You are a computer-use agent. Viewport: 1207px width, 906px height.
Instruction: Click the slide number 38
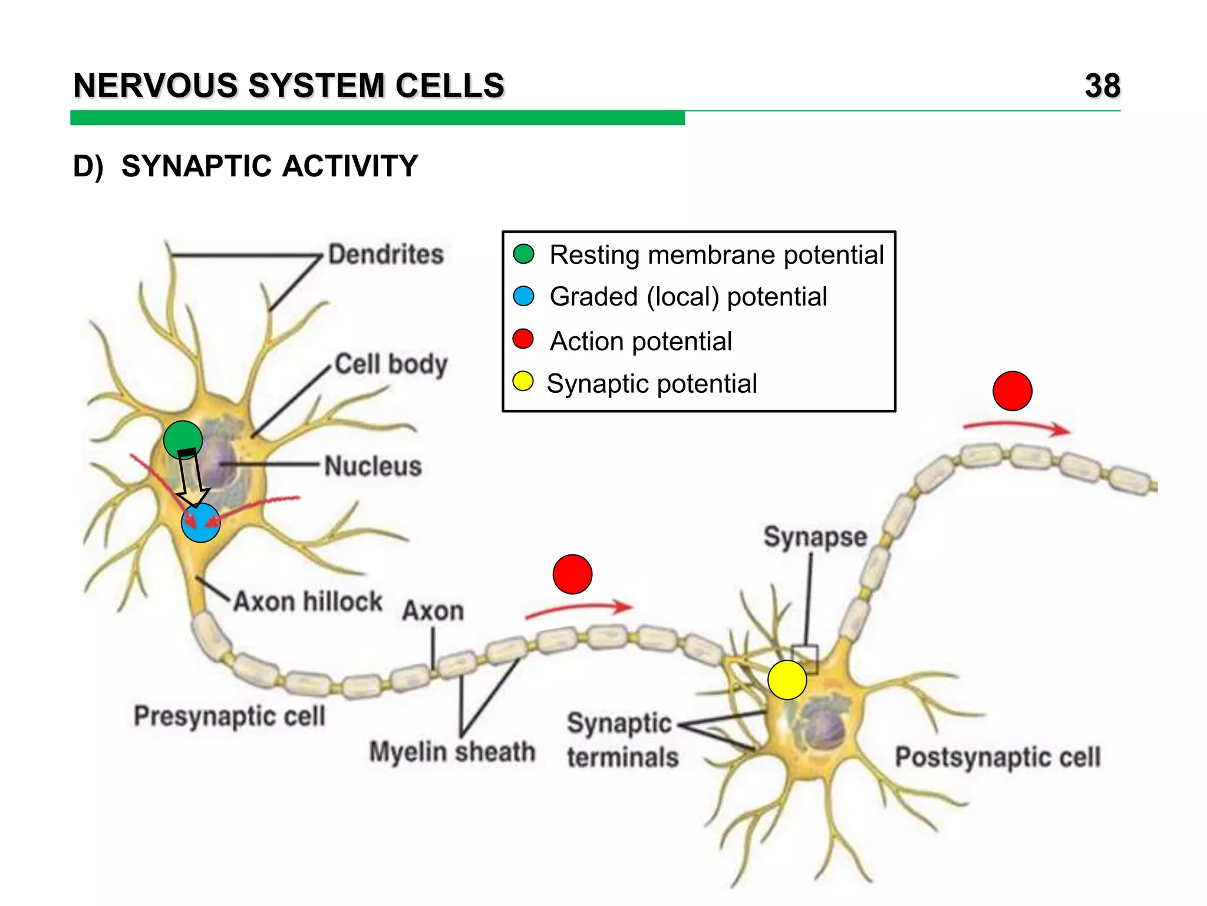pyautogui.click(x=1102, y=86)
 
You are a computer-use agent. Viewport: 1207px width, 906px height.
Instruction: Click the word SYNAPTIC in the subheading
pyautogui.click(x=198, y=166)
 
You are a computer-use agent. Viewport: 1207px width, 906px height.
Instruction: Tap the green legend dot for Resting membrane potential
pyautogui.click(x=523, y=254)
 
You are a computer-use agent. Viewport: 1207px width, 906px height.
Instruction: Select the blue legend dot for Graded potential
pyautogui.click(x=523, y=296)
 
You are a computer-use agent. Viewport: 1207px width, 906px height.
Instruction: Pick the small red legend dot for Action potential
pyautogui.click(x=523, y=339)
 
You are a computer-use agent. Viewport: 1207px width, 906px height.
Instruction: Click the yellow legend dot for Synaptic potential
pyautogui.click(x=523, y=382)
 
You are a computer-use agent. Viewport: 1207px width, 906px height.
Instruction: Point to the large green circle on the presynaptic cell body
pyautogui.click(x=183, y=439)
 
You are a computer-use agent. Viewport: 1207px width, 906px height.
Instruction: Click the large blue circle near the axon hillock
pyautogui.click(x=201, y=523)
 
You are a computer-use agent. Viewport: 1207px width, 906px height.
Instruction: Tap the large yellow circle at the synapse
pyautogui.click(x=787, y=680)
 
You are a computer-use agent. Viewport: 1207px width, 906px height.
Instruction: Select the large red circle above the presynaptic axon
pyautogui.click(x=572, y=574)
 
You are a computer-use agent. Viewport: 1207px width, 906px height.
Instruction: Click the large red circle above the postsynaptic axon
pyautogui.click(x=1012, y=391)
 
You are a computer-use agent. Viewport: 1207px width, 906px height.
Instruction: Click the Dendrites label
pyautogui.click(x=385, y=255)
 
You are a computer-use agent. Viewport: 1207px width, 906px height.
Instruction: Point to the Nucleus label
pyautogui.click(x=373, y=466)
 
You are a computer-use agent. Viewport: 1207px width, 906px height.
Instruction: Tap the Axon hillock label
pyautogui.click(x=308, y=602)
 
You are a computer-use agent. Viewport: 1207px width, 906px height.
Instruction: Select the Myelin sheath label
pyautogui.click(x=452, y=752)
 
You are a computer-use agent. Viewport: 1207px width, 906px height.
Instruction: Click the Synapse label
pyautogui.click(x=815, y=537)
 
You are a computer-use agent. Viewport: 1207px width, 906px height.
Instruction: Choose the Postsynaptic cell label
pyautogui.click(x=997, y=757)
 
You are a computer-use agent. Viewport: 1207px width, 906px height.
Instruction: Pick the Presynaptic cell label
pyautogui.click(x=229, y=716)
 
